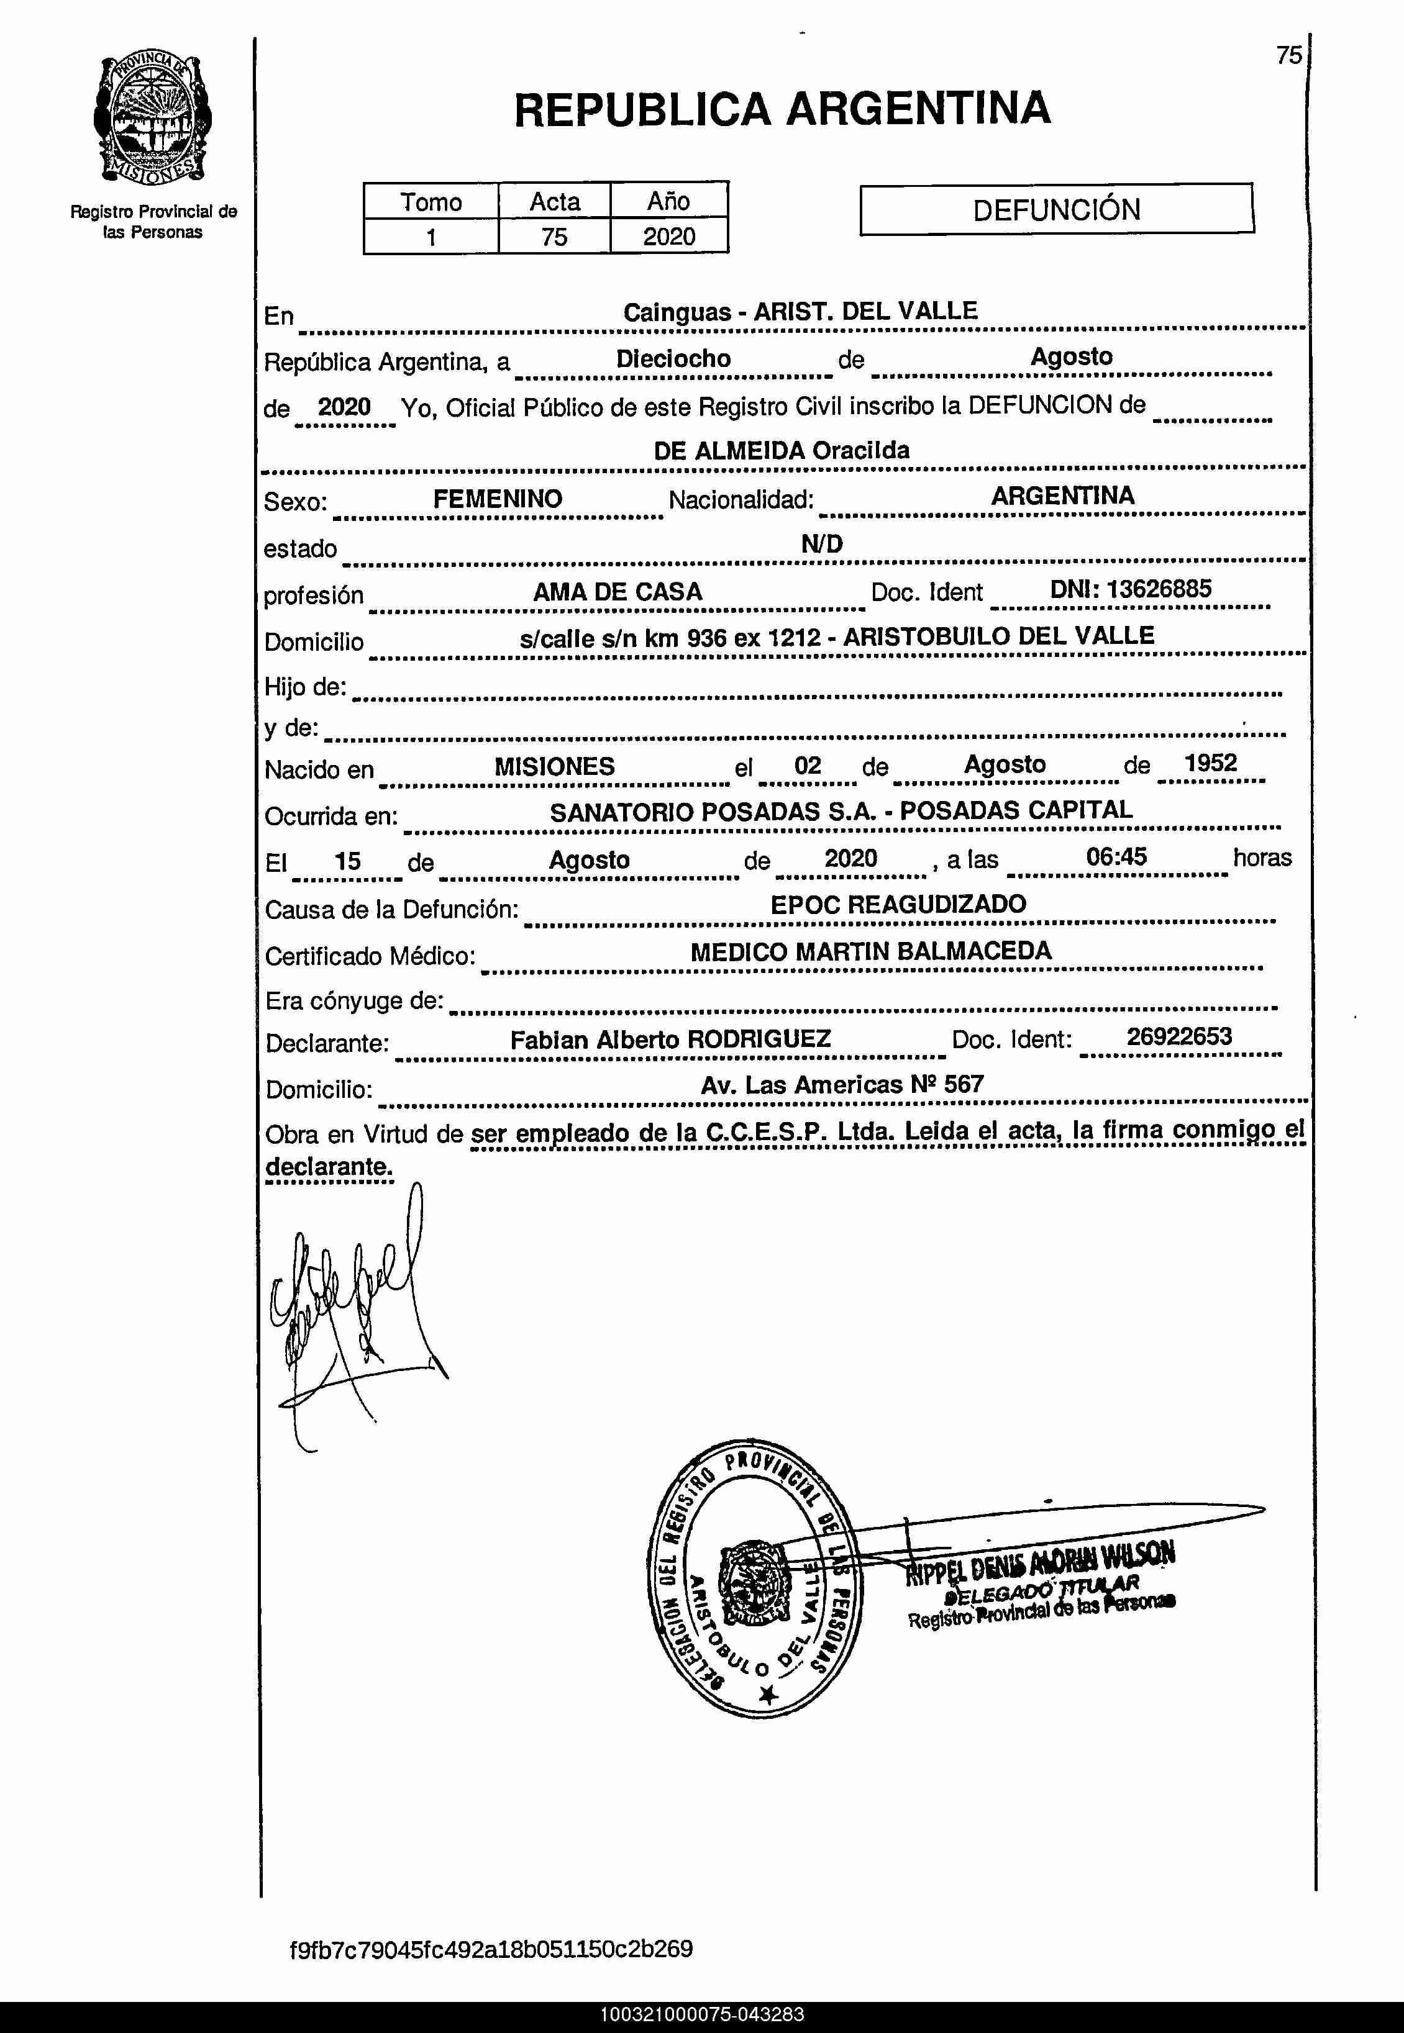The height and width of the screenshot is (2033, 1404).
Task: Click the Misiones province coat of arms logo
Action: point(152,121)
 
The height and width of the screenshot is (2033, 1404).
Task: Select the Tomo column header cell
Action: point(431,201)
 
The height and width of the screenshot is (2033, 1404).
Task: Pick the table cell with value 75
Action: point(554,237)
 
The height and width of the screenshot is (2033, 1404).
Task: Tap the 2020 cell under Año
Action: point(668,237)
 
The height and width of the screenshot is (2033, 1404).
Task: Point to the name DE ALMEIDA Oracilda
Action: point(781,450)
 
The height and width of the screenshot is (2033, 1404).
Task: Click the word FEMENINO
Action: point(497,499)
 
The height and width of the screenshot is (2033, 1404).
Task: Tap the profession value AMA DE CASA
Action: point(618,592)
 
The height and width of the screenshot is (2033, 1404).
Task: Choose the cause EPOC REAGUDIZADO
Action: point(898,904)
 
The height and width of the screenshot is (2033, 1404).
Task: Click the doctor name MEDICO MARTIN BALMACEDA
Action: point(871,951)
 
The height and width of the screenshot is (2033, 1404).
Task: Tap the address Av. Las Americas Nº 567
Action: point(842,1084)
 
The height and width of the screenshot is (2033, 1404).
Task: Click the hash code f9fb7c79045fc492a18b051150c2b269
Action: point(491,1948)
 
